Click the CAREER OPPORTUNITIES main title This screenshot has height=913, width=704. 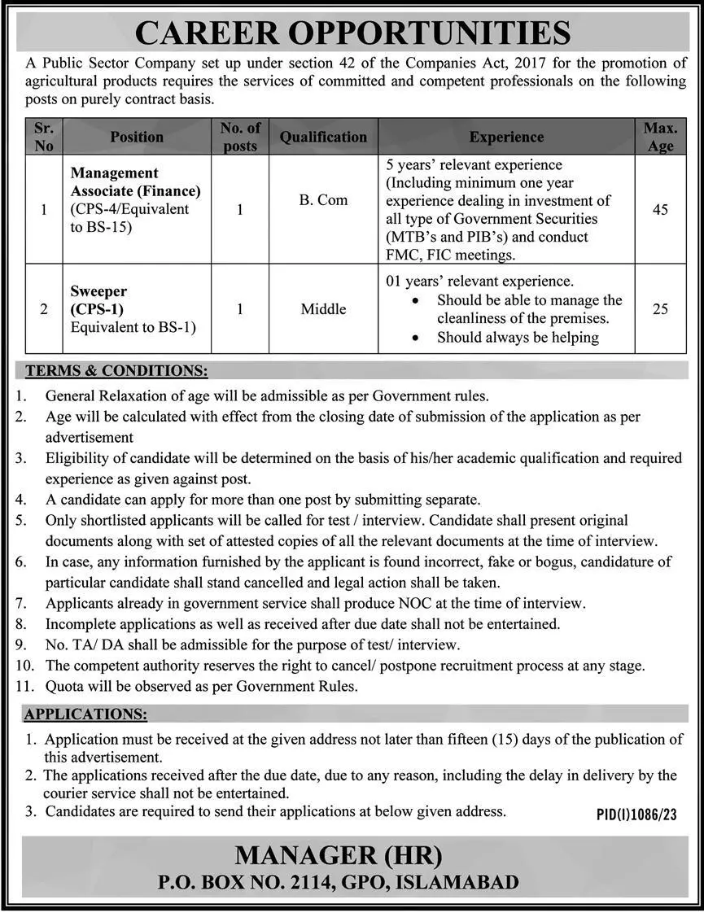click(352, 33)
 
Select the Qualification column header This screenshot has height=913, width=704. click(323, 138)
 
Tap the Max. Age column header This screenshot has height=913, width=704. click(660, 137)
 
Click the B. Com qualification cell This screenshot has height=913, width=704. click(323, 200)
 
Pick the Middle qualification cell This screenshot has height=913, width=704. click(323, 309)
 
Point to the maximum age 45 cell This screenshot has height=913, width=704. click(660, 210)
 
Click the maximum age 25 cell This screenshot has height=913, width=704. click(660, 309)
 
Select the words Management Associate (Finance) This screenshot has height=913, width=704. click(135, 182)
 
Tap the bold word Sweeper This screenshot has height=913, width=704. click(98, 291)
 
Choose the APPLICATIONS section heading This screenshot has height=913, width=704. click(85, 714)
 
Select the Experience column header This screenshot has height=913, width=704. click(506, 138)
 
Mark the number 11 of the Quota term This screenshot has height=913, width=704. click(24, 686)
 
